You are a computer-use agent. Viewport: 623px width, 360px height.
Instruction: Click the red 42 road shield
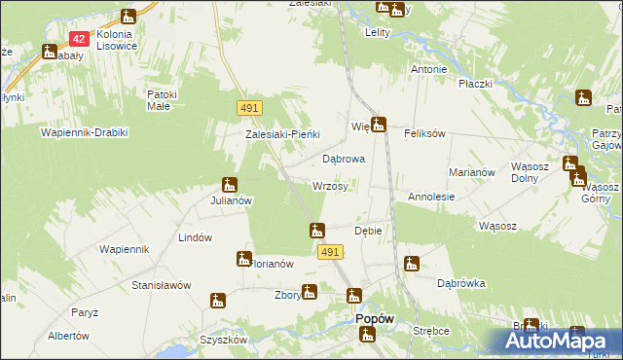pos(80,39)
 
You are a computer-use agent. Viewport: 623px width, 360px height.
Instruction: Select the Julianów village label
pos(232,200)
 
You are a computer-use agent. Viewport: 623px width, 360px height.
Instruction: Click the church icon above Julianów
pos(230,184)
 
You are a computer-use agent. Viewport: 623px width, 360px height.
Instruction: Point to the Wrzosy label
pos(330,186)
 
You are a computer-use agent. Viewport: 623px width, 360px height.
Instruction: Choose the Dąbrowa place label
pos(343,158)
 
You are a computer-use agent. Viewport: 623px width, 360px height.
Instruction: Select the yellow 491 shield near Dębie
pos(330,252)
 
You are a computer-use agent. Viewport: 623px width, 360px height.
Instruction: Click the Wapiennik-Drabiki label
pos(84,131)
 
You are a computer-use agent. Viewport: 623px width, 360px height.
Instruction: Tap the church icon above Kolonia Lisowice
pos(128,18)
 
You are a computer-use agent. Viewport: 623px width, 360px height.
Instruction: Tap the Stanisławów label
pos(161,285)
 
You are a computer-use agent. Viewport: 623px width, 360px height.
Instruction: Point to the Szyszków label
pos(223,340)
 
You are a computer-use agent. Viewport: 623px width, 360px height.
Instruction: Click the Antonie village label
pos(428,69)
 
